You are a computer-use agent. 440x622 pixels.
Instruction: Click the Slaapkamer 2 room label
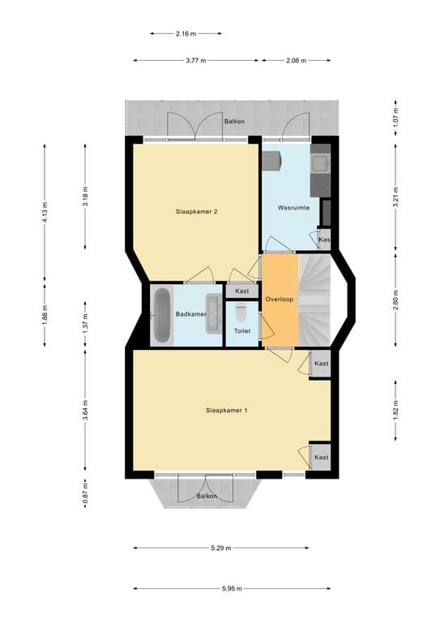pyautogui.click(x=196, y=211)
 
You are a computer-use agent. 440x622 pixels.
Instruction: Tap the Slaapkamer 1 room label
pyautogui.click(x=227, y=411)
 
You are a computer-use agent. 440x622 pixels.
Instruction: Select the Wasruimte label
pyautogui.click(x=293, y=207)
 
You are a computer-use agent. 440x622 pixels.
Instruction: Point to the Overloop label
pyautogui.click(x=280, y=299)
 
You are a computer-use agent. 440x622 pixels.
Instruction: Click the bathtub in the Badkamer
pyautogui.click(x=162, y=315)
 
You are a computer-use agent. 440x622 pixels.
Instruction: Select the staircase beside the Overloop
pyautogui.click(x=314, y=300)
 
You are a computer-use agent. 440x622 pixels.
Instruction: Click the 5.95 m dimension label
pyautogui.click(x=232, y=588)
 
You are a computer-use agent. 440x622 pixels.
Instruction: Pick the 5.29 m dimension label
pyautogui.click(x=221, y=547)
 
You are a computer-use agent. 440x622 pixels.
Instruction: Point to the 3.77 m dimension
pyautogui.click(x=196, y=61)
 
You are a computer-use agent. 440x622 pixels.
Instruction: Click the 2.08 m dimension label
pyautogui.click(x=297, y=61)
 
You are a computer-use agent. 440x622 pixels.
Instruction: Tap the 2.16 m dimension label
pyautogui.click(x=186, y=34)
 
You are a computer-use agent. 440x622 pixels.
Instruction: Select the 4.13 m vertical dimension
pyautogui.click(x=45, y=213)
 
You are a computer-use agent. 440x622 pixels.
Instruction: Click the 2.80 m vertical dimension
pyautogui.click(x=395, y=300)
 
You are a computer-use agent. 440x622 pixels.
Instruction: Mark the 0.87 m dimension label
pyautogui.click(x=85, y=493)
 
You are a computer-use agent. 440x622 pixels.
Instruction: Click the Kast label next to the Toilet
pyautogui.click(x=242, y=291)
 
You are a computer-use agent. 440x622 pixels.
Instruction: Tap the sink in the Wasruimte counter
pyautogui.click(x=320, y=163)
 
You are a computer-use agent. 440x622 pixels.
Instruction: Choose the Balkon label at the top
pyautogui.click(x=234, y=121)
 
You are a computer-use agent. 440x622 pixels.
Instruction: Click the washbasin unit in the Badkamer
pyautogui.click(x=214, y=313)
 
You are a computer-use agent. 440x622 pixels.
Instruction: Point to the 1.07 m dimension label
pyautogui.click(x=395, y=117)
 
